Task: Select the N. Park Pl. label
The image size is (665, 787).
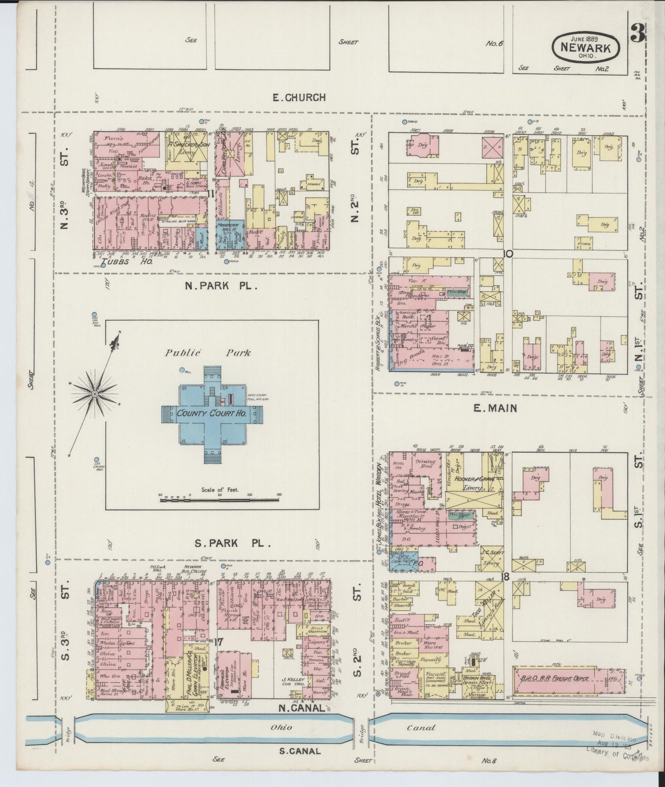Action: [x=220, y=286]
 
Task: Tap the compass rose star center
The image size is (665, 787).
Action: [x=94, y=394]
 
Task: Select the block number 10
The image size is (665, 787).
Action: [x=508, y=254]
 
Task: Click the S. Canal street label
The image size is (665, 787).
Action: [x=300, y=751]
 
